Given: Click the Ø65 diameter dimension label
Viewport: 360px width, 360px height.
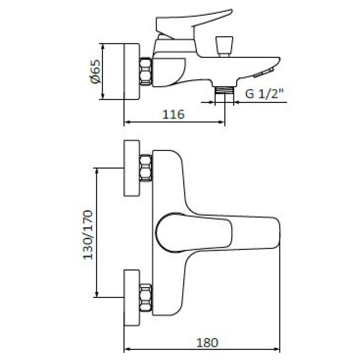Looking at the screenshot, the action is [94, 71].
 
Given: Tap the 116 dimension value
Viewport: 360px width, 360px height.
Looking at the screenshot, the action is [174, 114].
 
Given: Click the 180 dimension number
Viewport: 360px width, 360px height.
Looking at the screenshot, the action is [207, 343].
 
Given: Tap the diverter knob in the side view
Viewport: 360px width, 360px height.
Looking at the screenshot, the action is [225, 46].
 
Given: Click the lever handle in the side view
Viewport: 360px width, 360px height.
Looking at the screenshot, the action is [194, 23].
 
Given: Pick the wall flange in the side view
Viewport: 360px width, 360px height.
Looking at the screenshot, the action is [132, 71].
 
